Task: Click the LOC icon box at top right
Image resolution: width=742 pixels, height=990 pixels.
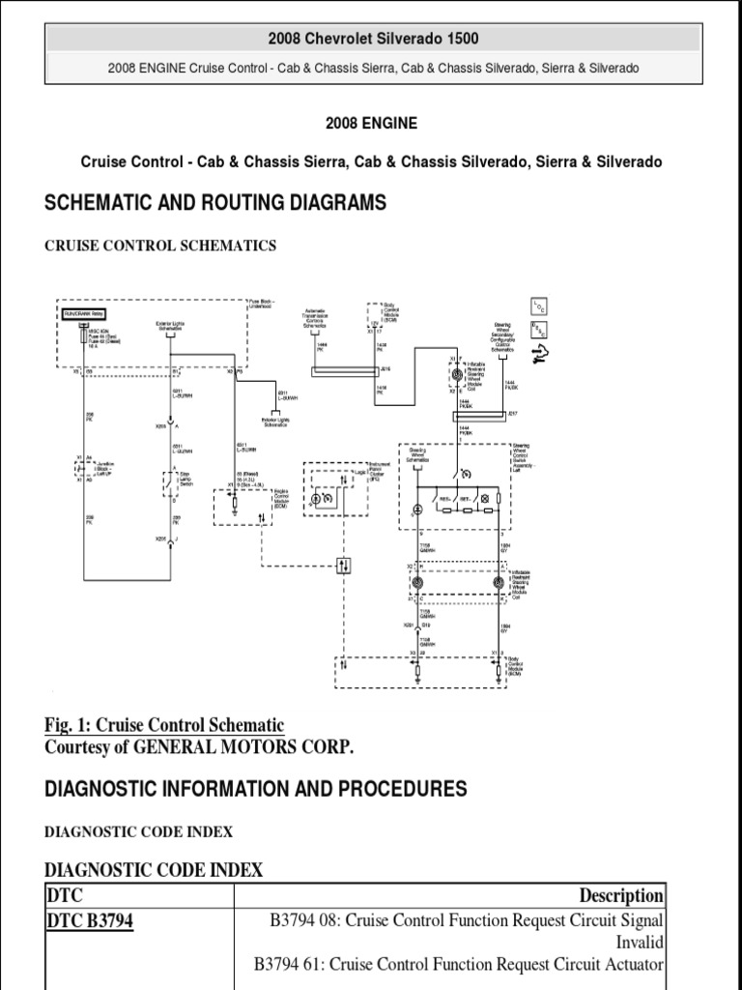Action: tap(537, 306)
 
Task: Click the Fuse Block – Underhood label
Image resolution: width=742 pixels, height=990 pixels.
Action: tap(261, 304)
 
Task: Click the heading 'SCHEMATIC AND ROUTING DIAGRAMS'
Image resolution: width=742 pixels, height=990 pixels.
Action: tap(215, 202)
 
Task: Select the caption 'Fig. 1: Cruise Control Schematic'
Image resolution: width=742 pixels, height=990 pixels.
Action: tap(164, 725)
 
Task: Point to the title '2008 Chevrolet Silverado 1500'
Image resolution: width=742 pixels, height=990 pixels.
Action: tap(372, 39)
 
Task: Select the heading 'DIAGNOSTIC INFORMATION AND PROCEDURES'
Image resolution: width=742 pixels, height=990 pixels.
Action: tap(256, 789)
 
